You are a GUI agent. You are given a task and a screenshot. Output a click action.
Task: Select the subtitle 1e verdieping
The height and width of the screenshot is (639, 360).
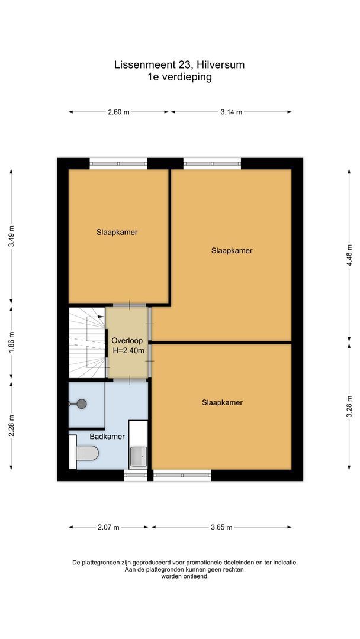coord(180,77)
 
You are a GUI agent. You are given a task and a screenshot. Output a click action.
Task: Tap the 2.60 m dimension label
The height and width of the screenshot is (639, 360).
coord(118,112)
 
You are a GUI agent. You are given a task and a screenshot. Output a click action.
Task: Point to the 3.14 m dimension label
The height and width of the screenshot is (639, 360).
coord(231,112)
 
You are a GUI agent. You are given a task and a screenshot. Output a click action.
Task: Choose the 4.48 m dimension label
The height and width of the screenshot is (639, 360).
coord(349,255)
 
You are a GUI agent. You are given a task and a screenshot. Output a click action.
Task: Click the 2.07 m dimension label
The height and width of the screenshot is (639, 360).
coord(108,527)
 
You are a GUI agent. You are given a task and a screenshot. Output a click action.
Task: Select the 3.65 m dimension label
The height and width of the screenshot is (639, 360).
coord(221,527)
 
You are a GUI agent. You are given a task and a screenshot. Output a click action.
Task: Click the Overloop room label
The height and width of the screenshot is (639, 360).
coord(127,341)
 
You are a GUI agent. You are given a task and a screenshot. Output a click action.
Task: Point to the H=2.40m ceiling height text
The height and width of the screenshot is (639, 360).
coord(128,350)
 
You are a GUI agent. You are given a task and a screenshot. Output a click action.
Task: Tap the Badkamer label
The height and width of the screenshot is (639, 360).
coord(107,437)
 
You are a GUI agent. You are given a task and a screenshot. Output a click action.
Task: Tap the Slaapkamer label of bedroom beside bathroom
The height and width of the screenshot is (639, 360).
coord(222,402)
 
